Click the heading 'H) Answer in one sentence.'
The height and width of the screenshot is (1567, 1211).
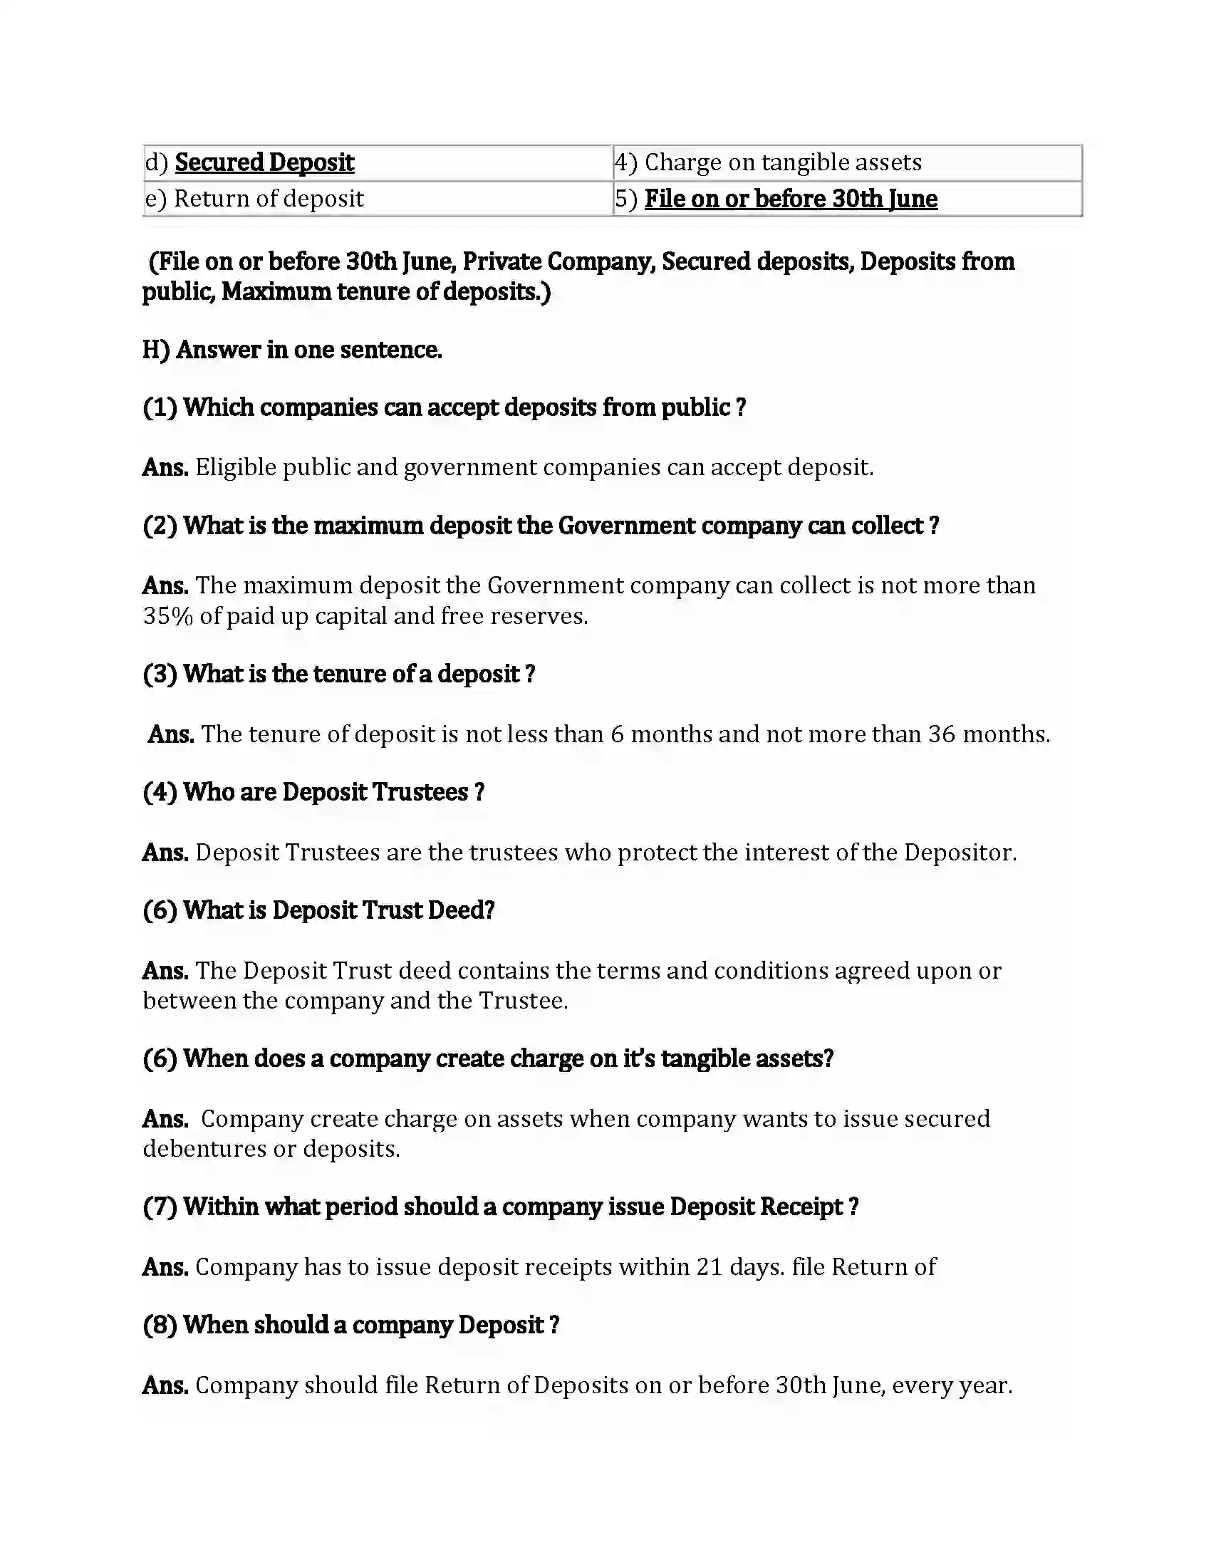292,350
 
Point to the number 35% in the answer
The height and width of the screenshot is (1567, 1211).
168,616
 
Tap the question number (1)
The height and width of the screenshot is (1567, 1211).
160,407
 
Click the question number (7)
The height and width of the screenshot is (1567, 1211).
160,1207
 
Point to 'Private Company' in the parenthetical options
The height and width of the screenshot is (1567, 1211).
558,262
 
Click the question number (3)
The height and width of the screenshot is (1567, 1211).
160,674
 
